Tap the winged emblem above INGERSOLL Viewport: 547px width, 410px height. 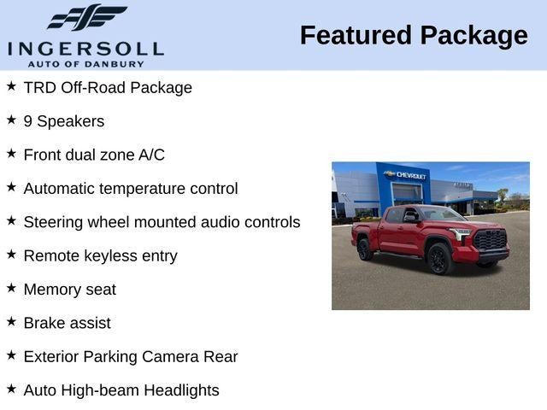pyautogui.click(x=85, y=18)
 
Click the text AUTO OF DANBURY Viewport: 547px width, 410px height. pyautogui.click(x=85, y=63)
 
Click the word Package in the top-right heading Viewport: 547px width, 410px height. pyautogui.click(x=474, y=36)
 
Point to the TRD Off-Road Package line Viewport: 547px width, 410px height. pyautogui.click(x=108, y=88)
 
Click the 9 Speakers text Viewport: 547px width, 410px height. pyautogui.click(x=64, y=121)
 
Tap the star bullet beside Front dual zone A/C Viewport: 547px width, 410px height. pyautogui.click(x=11, y=154)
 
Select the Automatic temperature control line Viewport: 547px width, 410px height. pyautogui.click(x=131, y=189)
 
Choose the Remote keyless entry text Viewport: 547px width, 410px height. pyautogui.click(x=100, y=256)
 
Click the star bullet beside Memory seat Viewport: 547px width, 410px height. pyautogui.click(x=11, y=288)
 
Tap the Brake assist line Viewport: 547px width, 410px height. pyautogui.click(x=67, y=323)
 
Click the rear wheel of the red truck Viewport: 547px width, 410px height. pyautogui.click(x=365, y=249)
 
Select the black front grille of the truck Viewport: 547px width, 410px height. pyautogui.click(x=491, y=241)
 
